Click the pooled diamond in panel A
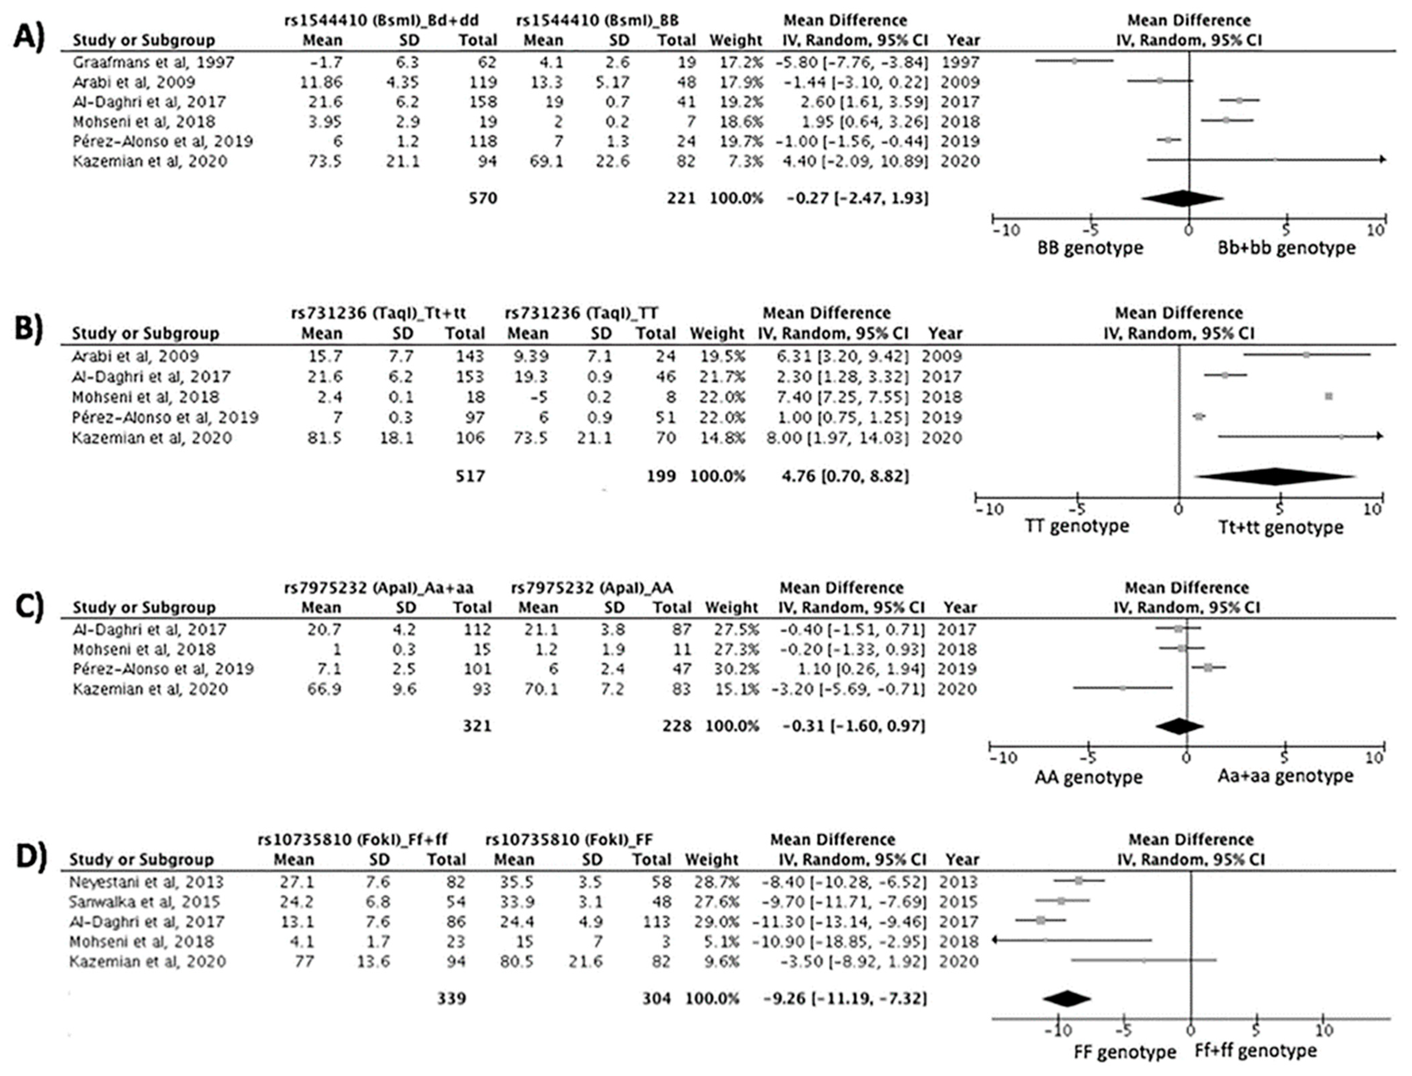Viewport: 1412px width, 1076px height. coord(1182,199)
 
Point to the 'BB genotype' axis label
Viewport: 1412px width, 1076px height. coord(1090,248)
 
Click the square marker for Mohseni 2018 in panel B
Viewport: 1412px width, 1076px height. coord(1329,396)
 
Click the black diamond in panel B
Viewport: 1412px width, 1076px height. coord(1274,477)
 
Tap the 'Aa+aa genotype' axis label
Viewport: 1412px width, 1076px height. coord(1285,776)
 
